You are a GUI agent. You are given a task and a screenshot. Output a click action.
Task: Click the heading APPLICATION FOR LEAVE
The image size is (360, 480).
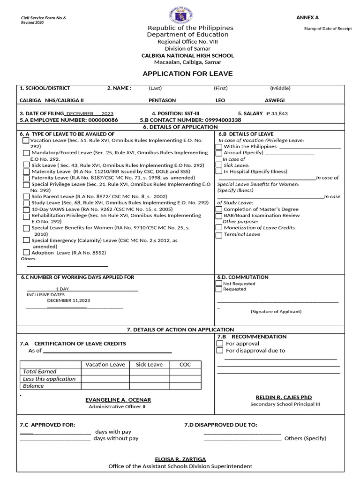click(187, 74)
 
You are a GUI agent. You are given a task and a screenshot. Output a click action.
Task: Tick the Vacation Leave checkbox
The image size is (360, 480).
click(25, 140)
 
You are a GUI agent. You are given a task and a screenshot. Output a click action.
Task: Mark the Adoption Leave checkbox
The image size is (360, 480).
click(26, 253)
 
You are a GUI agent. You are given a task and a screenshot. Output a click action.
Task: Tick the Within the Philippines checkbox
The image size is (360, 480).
click(219, 147)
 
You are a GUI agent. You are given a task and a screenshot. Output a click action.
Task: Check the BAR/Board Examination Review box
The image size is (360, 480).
click(219, 216)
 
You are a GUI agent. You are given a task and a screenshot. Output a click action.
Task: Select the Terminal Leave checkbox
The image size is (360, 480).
click(219, 235)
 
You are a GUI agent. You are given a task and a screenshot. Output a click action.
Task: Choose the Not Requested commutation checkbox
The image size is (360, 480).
click(219, 284)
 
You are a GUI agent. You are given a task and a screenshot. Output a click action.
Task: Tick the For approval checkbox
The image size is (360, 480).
click(220, 344)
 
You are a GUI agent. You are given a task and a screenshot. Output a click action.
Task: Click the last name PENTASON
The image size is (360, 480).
click(162, 100)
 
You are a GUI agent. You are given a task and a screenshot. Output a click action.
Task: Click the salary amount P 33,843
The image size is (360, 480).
click(277, 113)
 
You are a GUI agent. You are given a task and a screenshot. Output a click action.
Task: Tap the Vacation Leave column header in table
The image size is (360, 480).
click(105, 365)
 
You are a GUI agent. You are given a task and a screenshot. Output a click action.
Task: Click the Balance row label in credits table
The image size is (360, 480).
click(33, 386)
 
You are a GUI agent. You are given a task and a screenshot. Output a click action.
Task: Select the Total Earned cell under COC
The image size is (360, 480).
click(185, 372)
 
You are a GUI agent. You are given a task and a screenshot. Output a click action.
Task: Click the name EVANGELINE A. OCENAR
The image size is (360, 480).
click(118, 400)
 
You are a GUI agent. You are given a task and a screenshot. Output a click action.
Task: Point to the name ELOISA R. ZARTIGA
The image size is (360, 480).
click(180, 459)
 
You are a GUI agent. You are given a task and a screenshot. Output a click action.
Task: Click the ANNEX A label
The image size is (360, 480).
click(307, 17)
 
